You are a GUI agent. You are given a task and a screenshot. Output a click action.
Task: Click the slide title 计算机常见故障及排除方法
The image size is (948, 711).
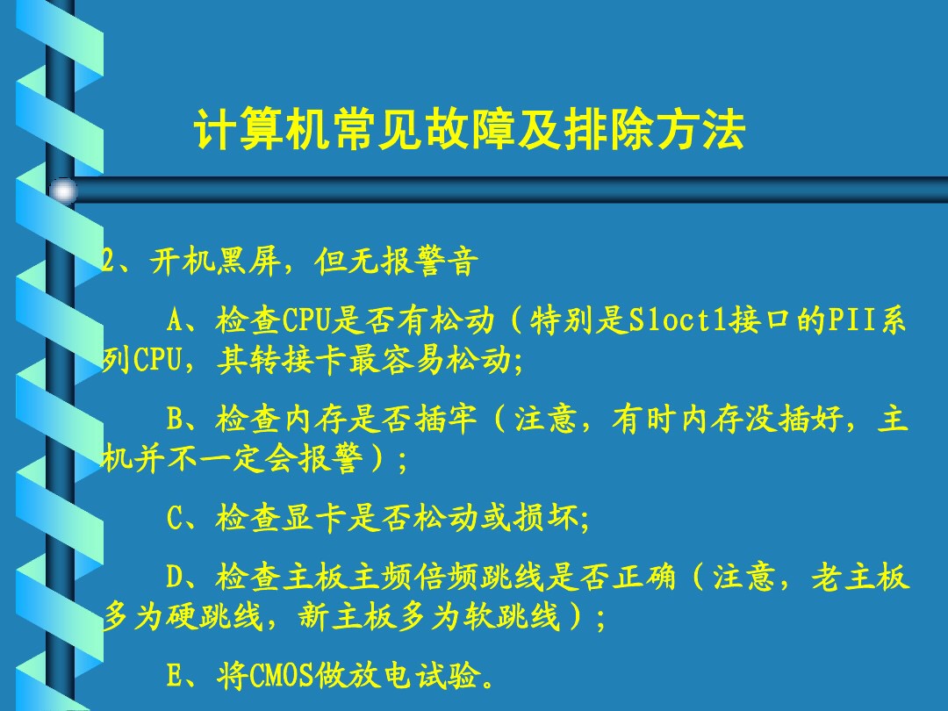(470, 131)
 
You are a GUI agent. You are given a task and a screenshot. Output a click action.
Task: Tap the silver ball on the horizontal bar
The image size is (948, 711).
(62, 190)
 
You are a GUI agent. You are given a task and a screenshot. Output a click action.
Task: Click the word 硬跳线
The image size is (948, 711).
(215, 619)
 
